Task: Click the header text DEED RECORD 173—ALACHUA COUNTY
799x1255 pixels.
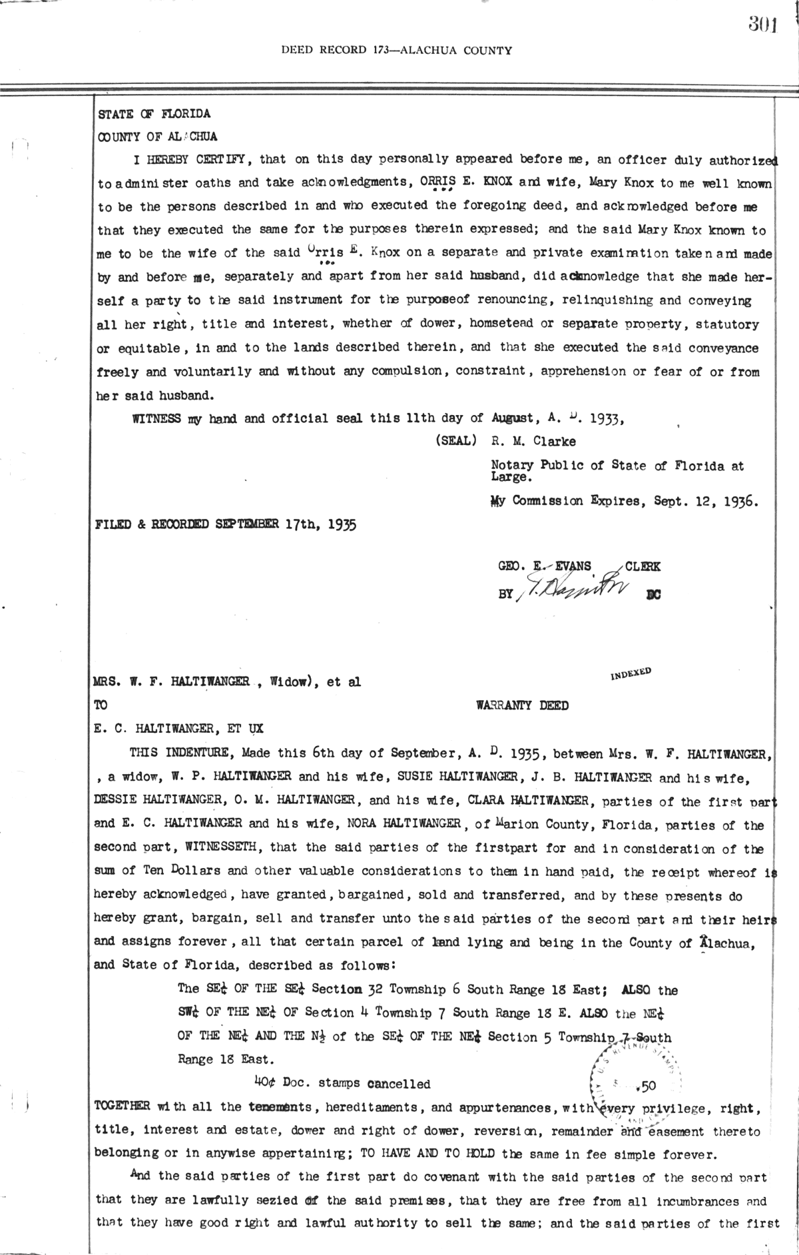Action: coord(397,49)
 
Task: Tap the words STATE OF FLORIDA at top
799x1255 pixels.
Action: coord(154,114)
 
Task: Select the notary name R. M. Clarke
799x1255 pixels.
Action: coord(533,441)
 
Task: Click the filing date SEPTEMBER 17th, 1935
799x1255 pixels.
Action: coord(286,524)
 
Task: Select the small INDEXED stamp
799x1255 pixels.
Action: coord(630,673)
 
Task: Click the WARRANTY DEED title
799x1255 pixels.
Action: coord(523,705)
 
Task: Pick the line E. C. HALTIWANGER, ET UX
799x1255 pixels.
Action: coord(179,729)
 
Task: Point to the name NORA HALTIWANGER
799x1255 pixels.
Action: coord(404,824)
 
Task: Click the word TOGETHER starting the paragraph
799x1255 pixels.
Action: coord(123,1108)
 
